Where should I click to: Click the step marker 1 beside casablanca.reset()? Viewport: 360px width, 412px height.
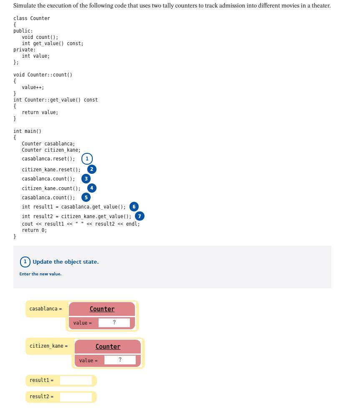87,159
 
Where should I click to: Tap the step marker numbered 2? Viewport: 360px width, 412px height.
92,169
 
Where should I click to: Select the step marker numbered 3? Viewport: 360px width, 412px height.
86,178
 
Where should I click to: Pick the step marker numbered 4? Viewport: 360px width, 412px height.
92,188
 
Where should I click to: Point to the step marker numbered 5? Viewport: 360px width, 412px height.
86,197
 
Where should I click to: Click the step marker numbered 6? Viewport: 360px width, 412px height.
134,206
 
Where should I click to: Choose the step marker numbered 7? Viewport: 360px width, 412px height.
139,216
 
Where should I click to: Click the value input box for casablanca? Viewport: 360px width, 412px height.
114,323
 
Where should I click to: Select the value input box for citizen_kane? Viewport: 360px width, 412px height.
120,360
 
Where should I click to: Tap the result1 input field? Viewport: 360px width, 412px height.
76,380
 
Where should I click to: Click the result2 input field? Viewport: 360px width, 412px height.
76,397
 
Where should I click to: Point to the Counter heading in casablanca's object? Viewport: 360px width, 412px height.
102,309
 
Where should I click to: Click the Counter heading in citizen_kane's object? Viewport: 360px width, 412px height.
108,346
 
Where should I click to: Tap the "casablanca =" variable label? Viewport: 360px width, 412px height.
46,309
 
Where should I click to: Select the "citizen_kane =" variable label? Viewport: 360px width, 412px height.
48,346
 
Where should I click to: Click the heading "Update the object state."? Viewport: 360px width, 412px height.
66,262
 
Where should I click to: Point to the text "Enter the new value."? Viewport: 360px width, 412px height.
41,274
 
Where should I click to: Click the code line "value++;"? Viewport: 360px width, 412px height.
33,87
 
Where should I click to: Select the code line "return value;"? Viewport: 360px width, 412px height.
40,112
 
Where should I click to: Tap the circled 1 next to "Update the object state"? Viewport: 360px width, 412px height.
25,262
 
